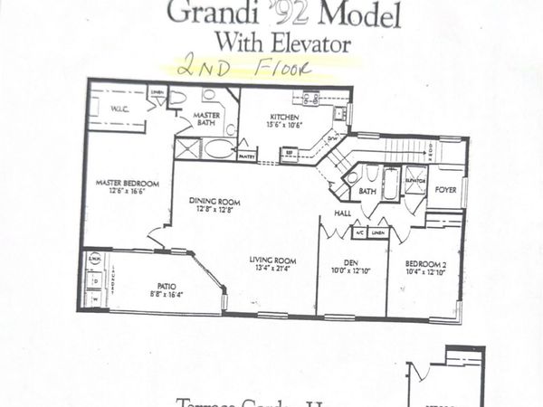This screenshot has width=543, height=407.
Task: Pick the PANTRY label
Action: [246, 156]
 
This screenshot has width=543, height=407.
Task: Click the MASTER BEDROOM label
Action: [127, 184]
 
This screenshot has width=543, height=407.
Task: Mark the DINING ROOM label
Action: [214, 201]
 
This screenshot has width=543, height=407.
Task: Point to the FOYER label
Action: [445, 190]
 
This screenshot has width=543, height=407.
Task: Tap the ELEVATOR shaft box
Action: [415, 179]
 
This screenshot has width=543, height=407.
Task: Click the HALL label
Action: [342, 213]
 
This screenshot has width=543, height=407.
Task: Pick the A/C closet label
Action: [359, 232]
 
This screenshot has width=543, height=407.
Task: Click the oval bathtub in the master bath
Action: [218, 149]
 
